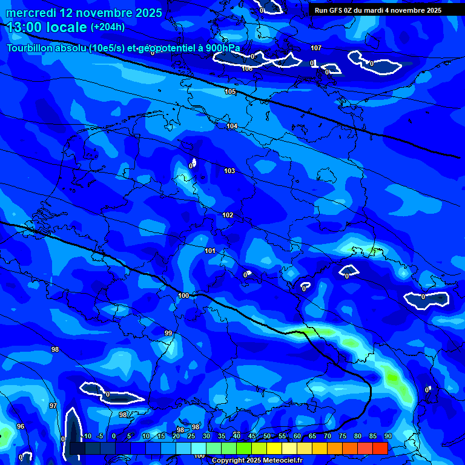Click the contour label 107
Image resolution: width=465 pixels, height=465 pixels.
pos(316,48)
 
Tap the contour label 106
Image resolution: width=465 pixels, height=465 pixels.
pos(247,68)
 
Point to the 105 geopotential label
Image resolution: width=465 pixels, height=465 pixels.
pos(230,91)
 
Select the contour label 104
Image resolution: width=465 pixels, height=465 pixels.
pos(232,126)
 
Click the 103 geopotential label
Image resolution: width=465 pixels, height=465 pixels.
pos(229,171)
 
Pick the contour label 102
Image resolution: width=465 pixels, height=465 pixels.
pos(228,215)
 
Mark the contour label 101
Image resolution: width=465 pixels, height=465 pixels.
pos(210,251)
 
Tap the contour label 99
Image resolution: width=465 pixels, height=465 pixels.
pos(168,333)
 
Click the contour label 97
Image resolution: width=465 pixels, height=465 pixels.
pos(53,406)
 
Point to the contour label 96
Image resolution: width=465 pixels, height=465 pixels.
pos(21,426)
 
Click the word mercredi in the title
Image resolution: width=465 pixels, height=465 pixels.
pos(33,13)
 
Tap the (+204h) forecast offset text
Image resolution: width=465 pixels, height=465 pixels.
pos(107,27)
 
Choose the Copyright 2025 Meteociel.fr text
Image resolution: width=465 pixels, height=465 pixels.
pos(257,460)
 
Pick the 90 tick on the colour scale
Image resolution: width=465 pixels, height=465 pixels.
pos(387,436)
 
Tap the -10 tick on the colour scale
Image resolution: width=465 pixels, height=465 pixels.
pos(86,436)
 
